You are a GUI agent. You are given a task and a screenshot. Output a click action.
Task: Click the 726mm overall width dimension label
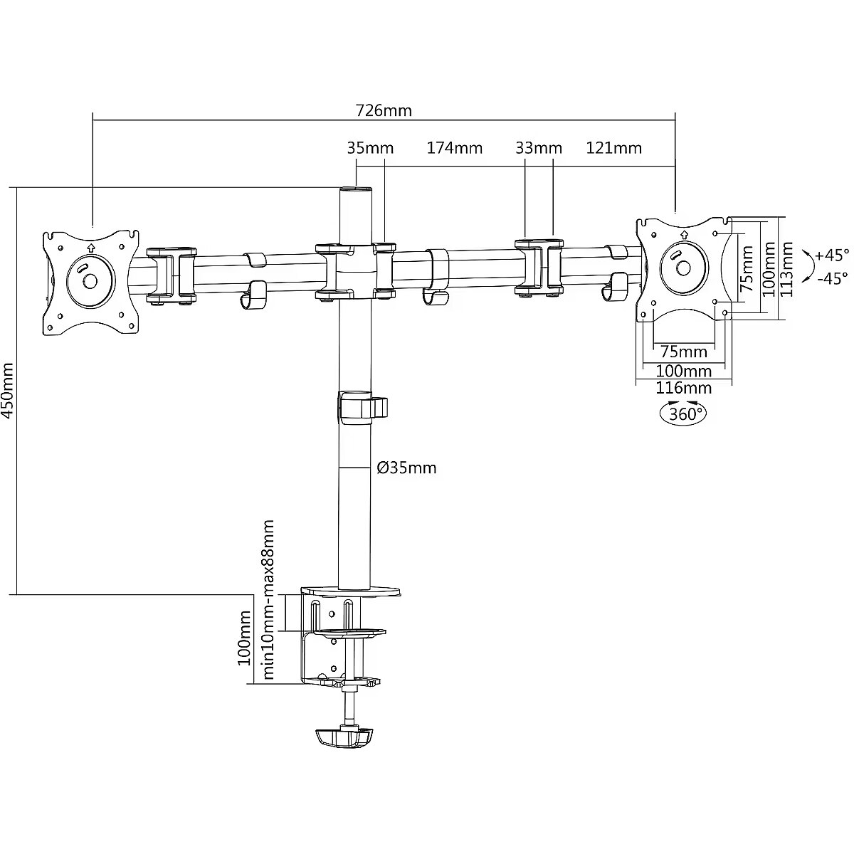(x=384, y=110)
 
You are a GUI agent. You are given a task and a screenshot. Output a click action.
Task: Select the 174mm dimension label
(x=454, y=148)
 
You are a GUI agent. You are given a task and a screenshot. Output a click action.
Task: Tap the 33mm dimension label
(x=538, y=148)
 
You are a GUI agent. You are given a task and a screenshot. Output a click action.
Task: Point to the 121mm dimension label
(x=613, y=148)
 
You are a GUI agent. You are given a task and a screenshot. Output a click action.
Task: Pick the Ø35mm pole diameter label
(x=406, y=468)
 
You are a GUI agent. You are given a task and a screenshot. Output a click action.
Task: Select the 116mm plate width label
(x=683, y=388)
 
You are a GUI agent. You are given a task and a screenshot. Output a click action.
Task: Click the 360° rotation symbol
(x=685, y=413)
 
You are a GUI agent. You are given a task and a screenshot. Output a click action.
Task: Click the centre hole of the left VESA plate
(x=90, y=280)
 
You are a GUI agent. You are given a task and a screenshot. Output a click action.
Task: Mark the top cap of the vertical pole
(x=356, y=190)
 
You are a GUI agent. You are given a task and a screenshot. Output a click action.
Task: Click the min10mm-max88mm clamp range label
(x=268, y=600)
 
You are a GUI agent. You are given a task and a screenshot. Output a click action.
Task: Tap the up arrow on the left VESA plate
(x=90, y=247)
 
